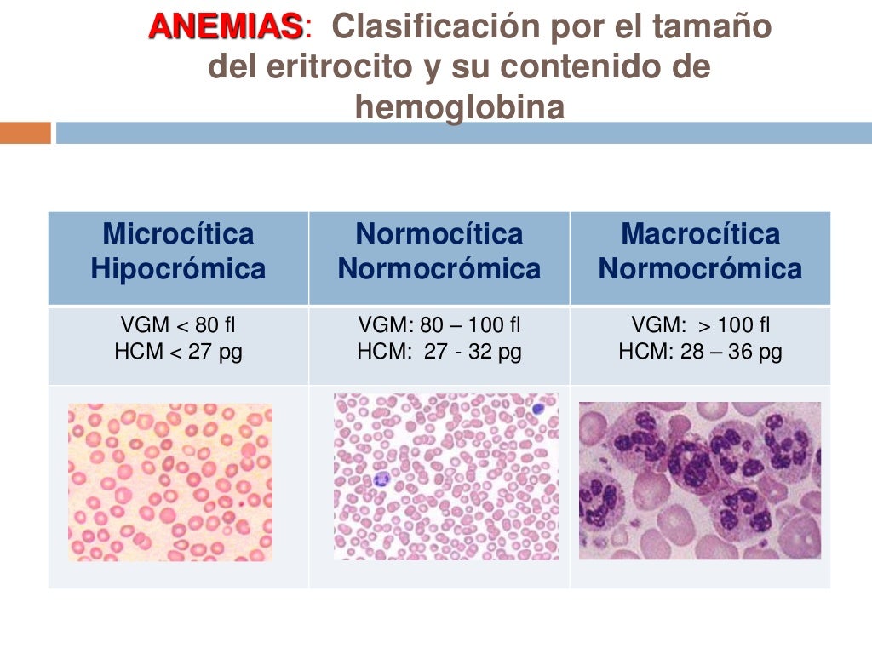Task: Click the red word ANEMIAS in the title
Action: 226,27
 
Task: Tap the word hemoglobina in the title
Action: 460,108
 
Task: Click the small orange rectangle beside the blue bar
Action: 25,133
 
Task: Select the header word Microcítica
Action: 178,233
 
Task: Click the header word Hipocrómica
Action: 178,270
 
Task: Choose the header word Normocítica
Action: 439,233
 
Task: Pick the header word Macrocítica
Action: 700,233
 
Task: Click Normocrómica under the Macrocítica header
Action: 700,270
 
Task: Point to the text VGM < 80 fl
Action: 178,325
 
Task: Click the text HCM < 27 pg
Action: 178,352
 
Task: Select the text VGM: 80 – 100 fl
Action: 439,325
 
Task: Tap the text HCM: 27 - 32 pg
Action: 439,352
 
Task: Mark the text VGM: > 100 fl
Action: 700,325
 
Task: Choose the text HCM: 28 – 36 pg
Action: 700,352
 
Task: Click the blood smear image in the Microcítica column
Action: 170,482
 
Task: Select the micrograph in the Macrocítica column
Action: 700,480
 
